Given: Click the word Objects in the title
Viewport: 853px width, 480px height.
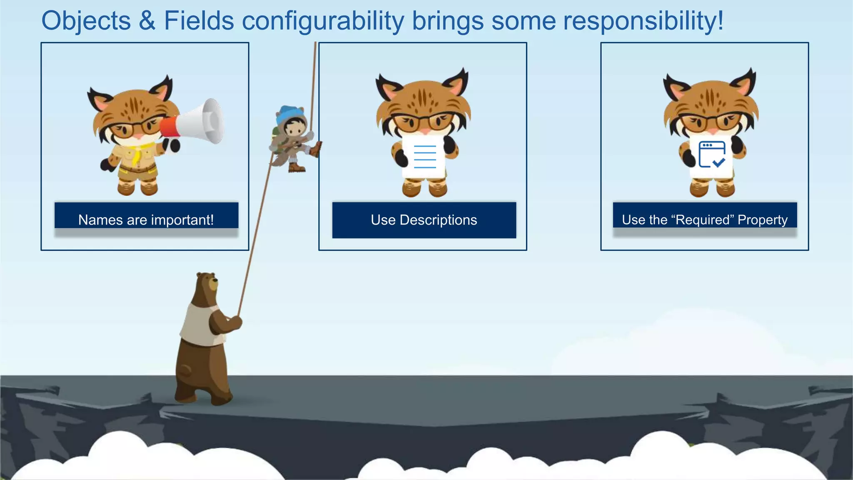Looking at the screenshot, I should coord(86,21).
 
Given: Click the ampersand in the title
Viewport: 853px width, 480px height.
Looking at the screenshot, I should coord(147,21).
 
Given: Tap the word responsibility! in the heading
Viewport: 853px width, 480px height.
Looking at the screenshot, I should coord(643,21).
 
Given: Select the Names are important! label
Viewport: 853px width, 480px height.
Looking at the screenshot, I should coord(146,220).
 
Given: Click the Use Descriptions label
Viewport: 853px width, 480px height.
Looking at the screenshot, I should coord(424,220).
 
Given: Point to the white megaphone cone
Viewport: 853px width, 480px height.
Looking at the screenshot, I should coord(204,121).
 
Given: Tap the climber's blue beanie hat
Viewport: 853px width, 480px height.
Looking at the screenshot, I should coord(290,113).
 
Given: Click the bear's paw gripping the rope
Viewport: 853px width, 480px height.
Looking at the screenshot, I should coord(236,322).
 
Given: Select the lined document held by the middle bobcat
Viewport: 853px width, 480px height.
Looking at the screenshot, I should coord(424,157).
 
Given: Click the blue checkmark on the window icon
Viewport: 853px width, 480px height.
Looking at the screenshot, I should coord(719,162).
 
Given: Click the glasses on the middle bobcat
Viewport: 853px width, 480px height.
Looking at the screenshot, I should coord(423,122).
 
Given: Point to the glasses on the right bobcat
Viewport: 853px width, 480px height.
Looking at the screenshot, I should coord(711,122).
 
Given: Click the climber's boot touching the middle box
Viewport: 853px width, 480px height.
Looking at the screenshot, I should coord(316,149).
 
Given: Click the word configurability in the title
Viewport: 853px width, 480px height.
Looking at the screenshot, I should coord(323,21).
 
